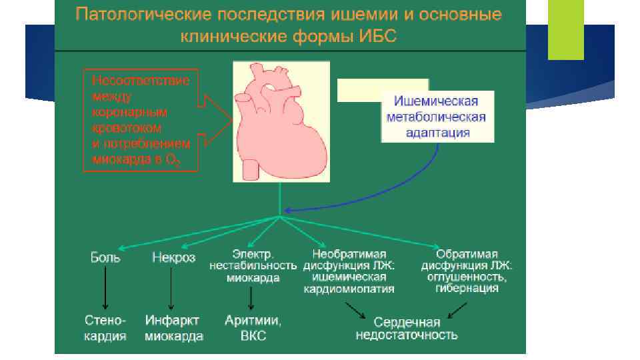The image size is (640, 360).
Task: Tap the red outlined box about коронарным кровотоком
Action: [139, 120]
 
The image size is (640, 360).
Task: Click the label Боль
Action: [105, 257]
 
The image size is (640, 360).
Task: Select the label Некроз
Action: [173, 257]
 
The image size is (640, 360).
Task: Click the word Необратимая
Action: [353, 254]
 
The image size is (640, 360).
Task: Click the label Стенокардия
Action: [105, 328]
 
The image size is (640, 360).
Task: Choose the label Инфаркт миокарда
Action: [174, 328]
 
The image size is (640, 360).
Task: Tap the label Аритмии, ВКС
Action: [253, 328]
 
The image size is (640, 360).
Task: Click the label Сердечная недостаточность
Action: [407, 328]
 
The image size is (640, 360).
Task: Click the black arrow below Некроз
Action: [171, 288]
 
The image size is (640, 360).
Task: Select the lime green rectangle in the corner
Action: [565, 30]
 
